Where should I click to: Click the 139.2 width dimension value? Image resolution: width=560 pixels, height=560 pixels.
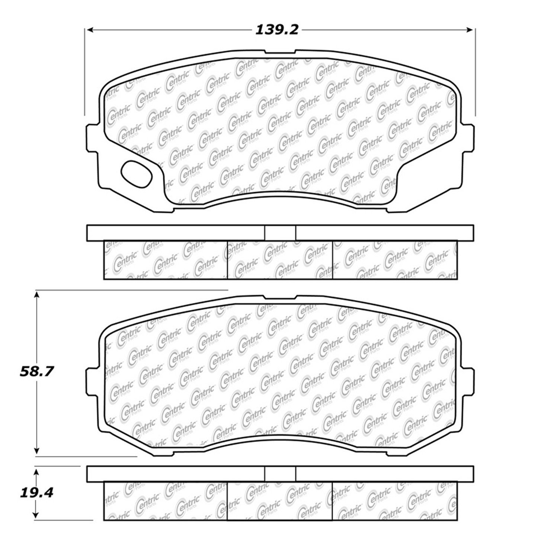point(277,29)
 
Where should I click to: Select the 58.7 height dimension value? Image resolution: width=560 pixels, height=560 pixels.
point(35,371)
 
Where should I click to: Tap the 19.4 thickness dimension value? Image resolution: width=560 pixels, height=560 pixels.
point(35,493)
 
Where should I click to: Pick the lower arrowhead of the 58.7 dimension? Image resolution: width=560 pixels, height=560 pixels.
point(37,450)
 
